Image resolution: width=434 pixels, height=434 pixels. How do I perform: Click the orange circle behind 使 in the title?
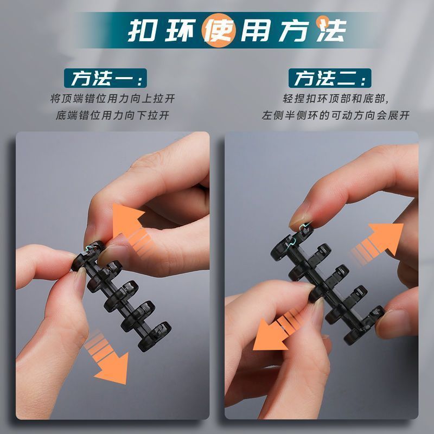(219, 30)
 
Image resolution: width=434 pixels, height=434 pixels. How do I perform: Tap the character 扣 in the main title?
(142, 30)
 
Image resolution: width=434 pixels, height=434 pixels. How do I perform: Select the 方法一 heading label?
(105, 78)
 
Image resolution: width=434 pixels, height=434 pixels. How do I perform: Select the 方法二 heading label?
(330, 78)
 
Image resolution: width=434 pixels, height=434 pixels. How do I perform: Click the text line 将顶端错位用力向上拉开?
(113, 99)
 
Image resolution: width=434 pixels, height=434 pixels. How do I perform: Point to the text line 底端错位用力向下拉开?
(113, 115)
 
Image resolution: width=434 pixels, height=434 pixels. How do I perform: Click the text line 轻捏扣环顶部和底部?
(335, 99)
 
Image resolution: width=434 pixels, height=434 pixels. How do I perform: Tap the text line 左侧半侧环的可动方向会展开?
(335, 115)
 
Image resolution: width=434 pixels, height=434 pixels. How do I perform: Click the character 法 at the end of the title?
(331, 30)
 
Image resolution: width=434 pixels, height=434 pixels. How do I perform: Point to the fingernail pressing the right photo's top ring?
(299, 221)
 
